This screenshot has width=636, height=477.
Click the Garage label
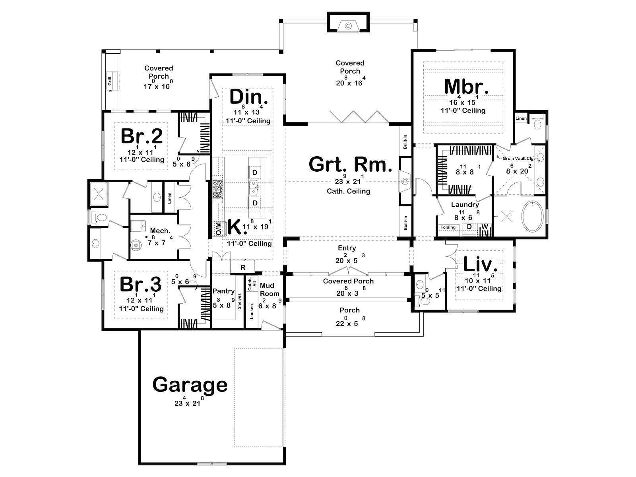point(190,385)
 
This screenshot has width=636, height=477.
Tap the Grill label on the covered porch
point(110,81)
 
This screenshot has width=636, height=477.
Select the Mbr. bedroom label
point(466,87)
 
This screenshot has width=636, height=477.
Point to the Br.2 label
point(142,136)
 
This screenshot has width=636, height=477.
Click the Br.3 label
point(141,284)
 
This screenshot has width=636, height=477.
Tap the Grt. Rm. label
point(351,165)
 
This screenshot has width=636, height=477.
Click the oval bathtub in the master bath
point(533,216)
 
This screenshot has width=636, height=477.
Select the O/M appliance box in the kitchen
point(219,229)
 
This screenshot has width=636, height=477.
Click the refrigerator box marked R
point(243,267)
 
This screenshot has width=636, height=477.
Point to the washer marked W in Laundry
point(485,227)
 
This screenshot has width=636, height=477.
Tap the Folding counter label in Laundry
point(448,227)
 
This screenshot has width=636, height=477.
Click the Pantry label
point(223,291)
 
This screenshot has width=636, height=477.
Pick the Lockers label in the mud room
point(252,311)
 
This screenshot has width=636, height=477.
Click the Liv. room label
point(481,264)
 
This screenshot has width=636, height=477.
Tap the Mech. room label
point(160,231)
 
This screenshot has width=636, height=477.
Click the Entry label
point(347,248)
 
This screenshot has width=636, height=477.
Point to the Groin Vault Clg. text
point(518,159)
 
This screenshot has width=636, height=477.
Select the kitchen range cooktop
point(217,190)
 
